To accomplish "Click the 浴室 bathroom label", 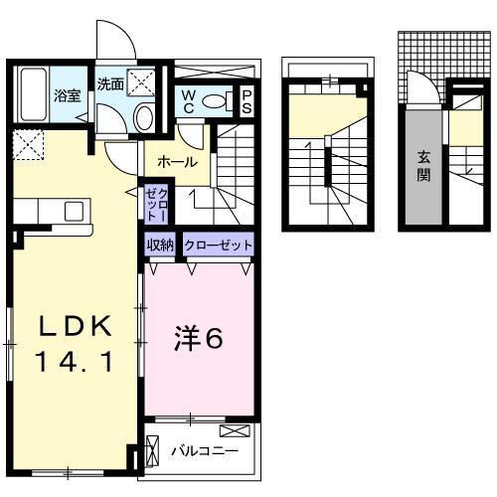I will click(x=68, y=96).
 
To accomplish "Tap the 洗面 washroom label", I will click(x=110, y=84).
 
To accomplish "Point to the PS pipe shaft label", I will click(x=247, y=100).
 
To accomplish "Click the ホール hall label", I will click(x=177, y=162).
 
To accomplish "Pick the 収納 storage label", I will click(x=161, y=246).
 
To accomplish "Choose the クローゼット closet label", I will click(x=218, y=246).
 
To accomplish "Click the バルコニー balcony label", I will click(x=203, y=451).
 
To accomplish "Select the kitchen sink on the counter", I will click(x=74, y=211).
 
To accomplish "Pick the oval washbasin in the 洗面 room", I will click(x=143, y=118).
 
